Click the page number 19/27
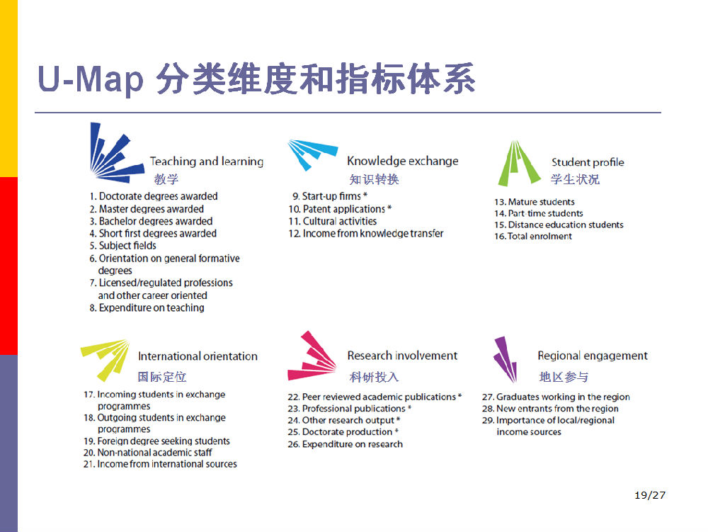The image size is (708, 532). tap(650, 495)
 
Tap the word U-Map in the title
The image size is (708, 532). tap(91, 79)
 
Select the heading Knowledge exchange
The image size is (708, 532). tap(403, 161)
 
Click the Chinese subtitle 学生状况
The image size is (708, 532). tap(575, 179)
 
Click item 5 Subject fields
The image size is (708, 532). tap(122, 246)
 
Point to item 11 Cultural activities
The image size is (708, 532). tap(333, 221)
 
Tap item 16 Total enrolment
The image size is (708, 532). tap(533, 236)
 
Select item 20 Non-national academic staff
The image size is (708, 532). tap(148, 453)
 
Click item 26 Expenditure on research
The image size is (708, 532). tap(345, 444)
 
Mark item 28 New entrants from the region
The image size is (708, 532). tap(550, 409)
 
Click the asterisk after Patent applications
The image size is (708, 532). tap(389, 208)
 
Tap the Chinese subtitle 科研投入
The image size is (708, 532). tap(375, 377)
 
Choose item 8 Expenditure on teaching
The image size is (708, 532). tap(147, 307)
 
